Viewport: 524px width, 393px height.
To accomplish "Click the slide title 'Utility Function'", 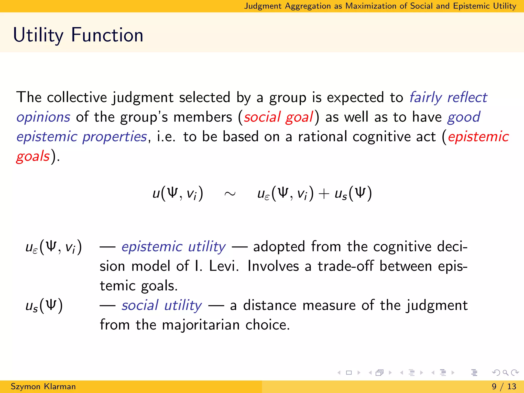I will tap(78, 35).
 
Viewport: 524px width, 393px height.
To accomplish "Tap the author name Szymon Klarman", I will tap(43, 386).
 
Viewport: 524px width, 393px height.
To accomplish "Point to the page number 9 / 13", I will tap(504, 386).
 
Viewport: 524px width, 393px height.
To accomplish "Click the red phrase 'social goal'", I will tap(278, 117).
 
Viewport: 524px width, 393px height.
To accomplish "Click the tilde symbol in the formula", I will tap(230, 194).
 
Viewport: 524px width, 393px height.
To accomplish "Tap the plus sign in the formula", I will tap(324, 194).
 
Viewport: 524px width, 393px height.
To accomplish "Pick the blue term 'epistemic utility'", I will tap(173, 247).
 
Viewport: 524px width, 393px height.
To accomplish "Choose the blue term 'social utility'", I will tap(162, 305).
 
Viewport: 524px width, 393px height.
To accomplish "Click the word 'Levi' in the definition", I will tap(223, 266).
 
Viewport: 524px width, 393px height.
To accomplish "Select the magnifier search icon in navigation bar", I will tap(505, 373).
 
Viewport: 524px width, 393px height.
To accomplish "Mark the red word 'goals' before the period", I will tap(33, 156).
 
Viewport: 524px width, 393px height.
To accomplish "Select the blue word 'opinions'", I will tap(43, 117).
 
